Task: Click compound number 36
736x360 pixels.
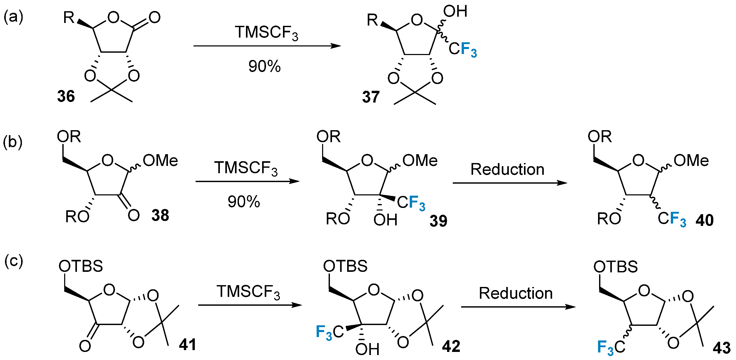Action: coord(66,96)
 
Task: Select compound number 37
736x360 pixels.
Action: coord(371,97)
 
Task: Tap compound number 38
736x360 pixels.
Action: coord(160,215)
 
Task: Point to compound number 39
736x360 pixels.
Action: coord(438,221)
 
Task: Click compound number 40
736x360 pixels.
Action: coord(704,220)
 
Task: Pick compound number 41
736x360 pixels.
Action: coord(188,345)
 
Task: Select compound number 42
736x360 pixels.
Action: coord(451,346)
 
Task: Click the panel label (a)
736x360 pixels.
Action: coord(13,17)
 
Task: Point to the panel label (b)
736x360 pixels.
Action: coord(13,142)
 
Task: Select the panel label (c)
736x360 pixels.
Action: coord(13,261)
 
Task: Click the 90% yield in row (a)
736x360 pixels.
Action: coord(264,66)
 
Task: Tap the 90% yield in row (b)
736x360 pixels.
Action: coord(244,202)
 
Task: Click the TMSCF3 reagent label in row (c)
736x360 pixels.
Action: coord(248,292)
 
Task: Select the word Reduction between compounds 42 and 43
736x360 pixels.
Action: coord(516,293)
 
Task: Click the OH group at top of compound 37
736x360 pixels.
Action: coord(455,11)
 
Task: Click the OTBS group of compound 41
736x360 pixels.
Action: coord(81,266)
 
